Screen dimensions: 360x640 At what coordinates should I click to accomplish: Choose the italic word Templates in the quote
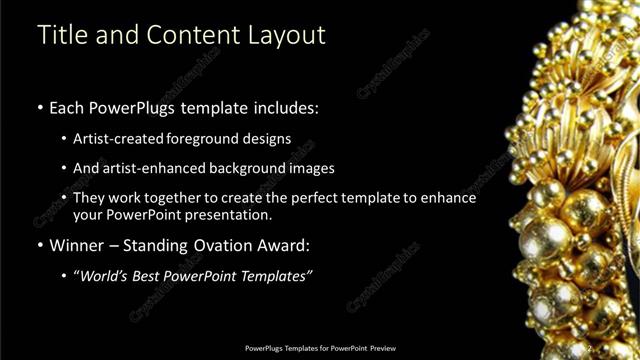point(275,276)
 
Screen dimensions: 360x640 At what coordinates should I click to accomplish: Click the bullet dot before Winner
point(40,246)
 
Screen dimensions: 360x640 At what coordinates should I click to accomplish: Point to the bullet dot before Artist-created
point(65,139)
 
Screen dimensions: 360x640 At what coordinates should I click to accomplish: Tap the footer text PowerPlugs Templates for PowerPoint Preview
point(320,348)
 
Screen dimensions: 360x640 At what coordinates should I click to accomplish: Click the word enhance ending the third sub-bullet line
point(450,198)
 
